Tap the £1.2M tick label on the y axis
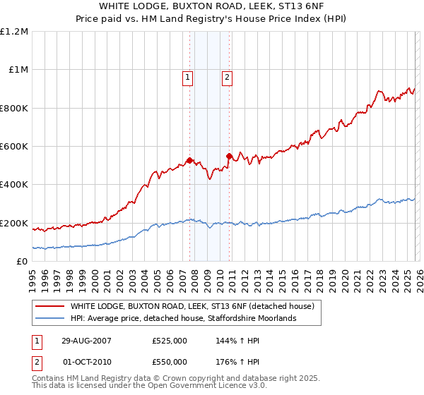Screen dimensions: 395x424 pos(14,32)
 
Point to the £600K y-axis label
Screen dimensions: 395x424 pos(14,147)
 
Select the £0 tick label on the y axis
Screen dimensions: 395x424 pos(23,262)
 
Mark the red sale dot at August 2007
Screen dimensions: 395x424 pos(189,160)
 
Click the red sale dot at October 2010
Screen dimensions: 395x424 pos(228,156)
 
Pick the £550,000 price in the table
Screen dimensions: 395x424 pos(170,360)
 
